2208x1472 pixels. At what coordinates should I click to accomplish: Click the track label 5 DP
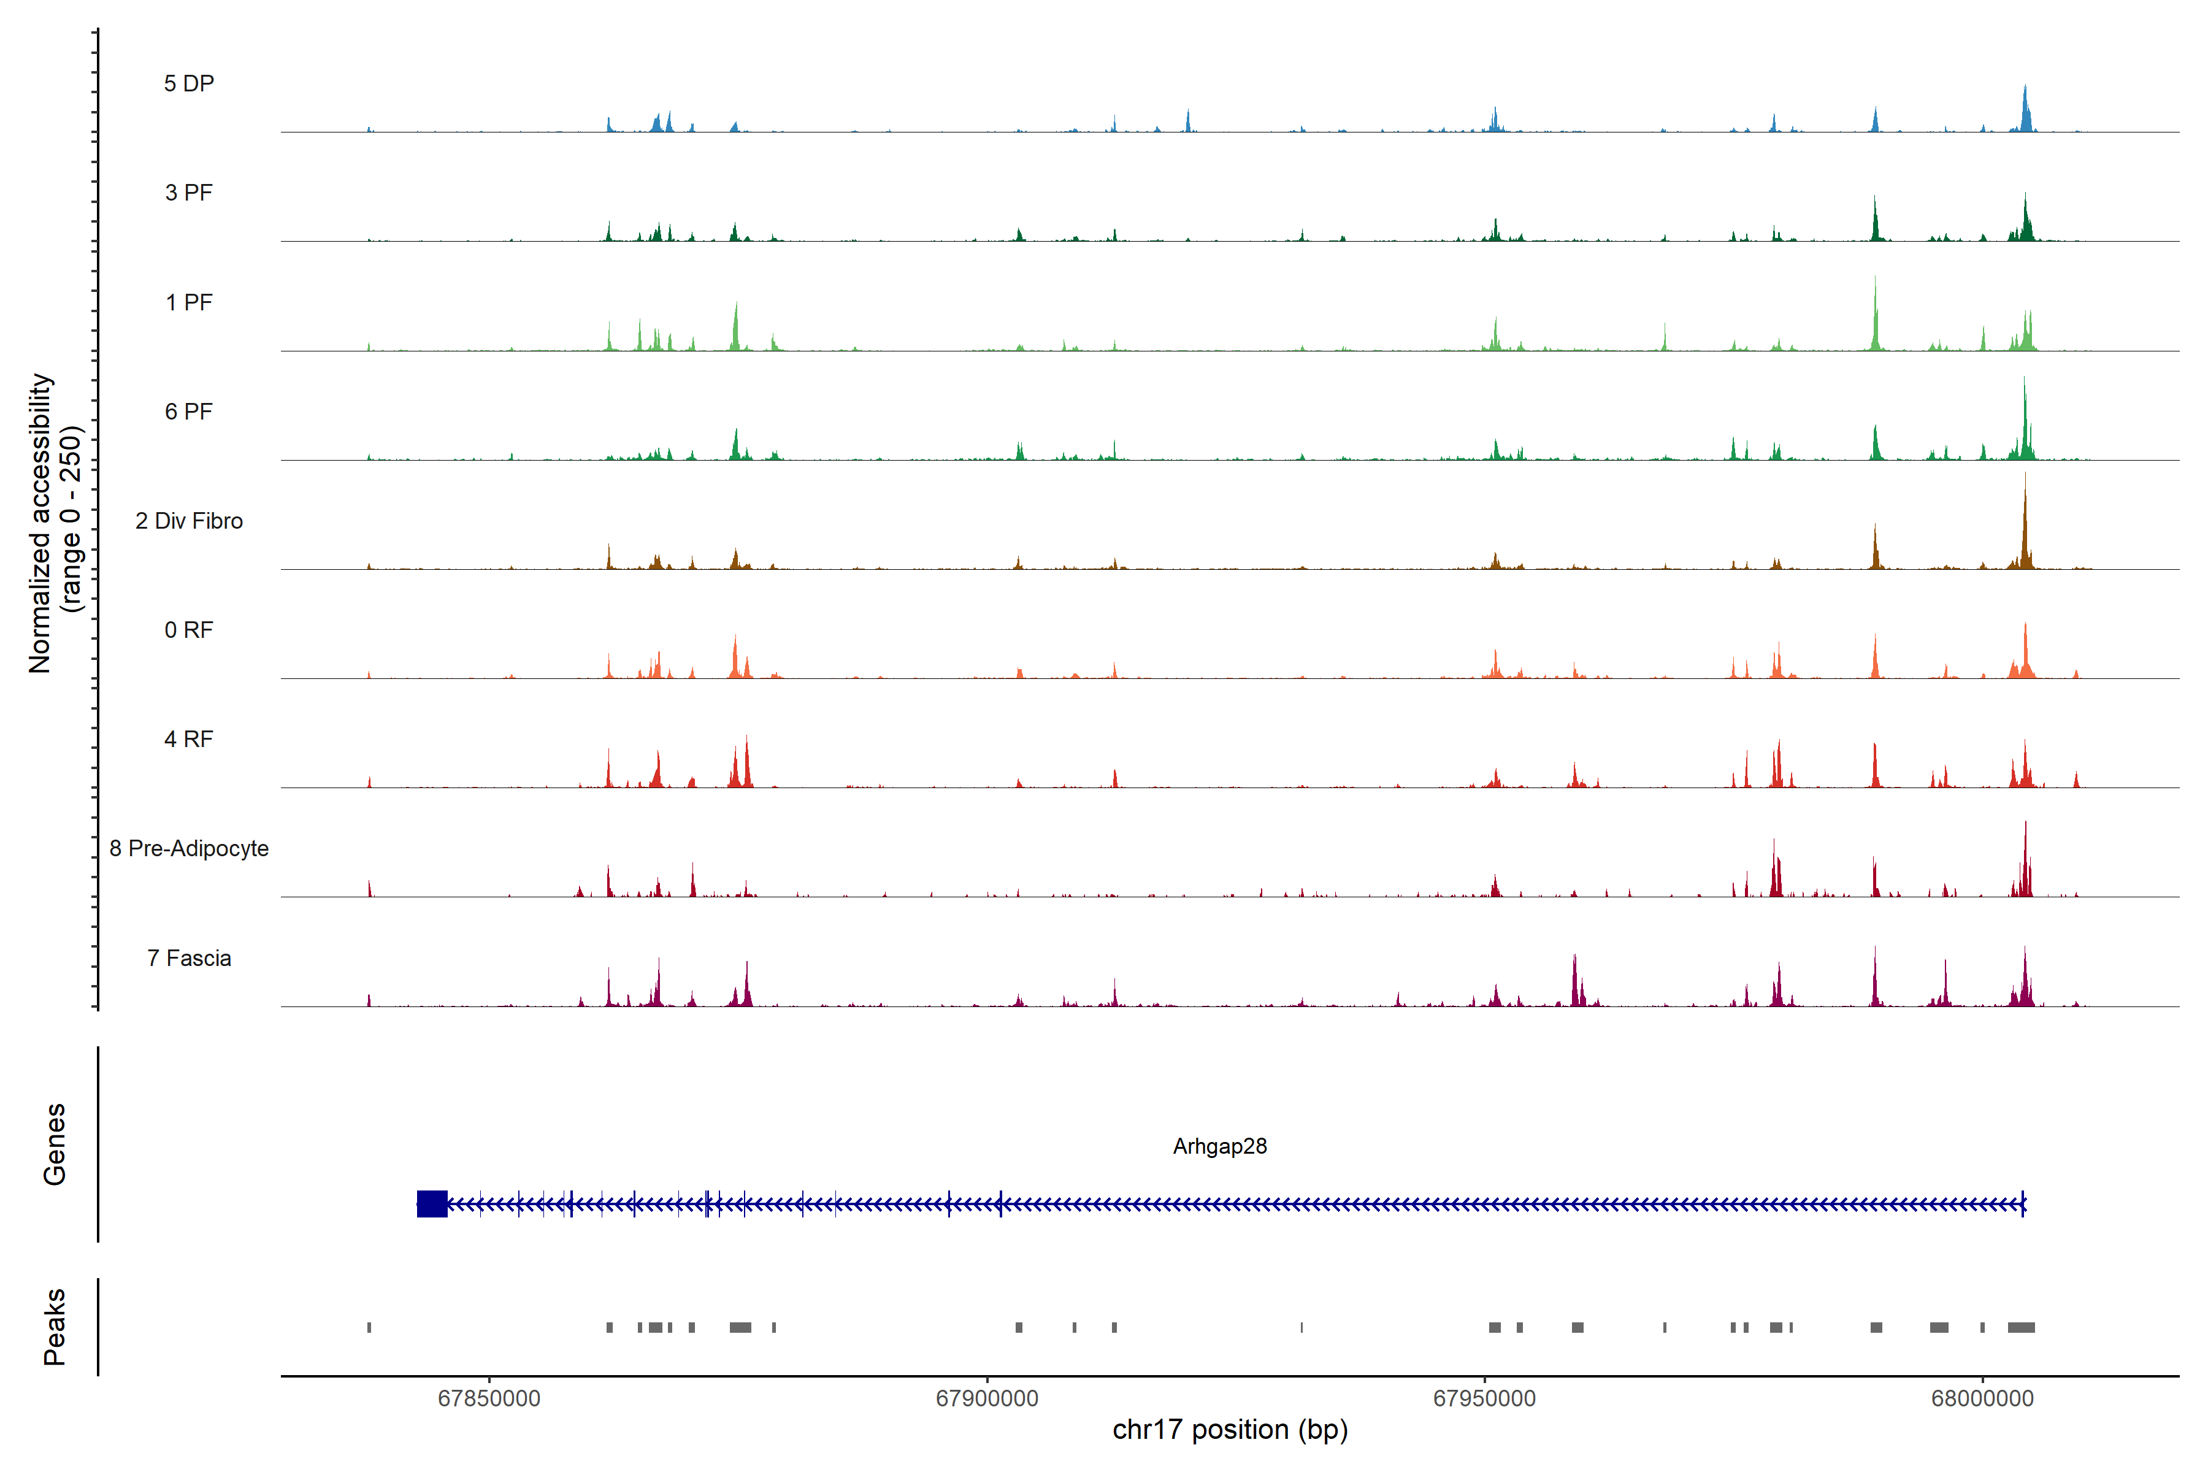(x=189, y=83)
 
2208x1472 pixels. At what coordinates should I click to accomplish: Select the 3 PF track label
(x=189, y=193)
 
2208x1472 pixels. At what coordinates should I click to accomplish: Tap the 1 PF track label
(x=189, y=302)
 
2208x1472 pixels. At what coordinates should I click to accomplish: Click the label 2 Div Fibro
(x=189, y=521)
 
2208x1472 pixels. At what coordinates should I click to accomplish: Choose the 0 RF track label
(x=189, y=630)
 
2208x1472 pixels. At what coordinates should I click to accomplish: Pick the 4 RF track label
(x=189, y=739)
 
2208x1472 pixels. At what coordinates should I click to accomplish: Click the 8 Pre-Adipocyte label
(x=189, y=849)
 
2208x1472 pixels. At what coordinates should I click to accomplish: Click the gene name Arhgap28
(x=1219, y=1146)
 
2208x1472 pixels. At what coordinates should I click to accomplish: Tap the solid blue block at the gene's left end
(x=432, y=1203)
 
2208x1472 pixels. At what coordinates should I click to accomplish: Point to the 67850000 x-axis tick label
(x=489, y=1399)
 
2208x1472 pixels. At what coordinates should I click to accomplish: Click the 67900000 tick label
(x=987, y=1399)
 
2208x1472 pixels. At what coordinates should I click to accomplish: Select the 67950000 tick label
(x=1484, y=1399)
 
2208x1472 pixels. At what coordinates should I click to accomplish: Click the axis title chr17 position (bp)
(x=1230, y=1430)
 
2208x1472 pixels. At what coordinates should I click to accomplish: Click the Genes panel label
(x=55, y=1144)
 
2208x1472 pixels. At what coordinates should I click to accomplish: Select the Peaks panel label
(x=55, y=1327)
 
